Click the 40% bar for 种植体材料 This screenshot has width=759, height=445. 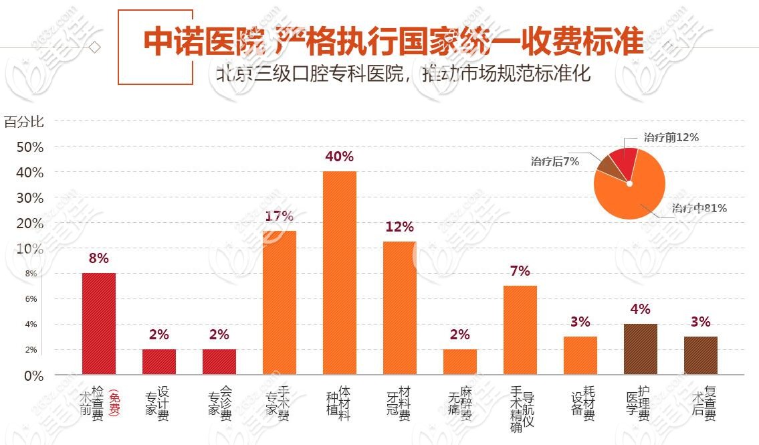pos(340,272)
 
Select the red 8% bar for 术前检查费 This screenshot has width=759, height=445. pos(98,323)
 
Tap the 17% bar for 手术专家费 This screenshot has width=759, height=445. pos(280,302)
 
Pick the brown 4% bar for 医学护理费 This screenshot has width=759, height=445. pos(641,349)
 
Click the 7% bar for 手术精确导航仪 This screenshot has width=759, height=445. pos(520,330)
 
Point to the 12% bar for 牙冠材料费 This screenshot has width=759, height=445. pos(400,308)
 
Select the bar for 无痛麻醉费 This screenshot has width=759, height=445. pos(460,361)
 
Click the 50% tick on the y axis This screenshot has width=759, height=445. pos(30,147)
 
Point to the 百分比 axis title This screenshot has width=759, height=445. pos(24,122)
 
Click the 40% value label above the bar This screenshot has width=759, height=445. pos(339,157)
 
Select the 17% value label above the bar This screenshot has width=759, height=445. pos(279,215)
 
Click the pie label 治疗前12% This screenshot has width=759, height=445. pos(671,137)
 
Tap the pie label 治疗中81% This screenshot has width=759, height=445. pos(699,208)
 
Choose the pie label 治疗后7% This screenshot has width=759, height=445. pos(555,161)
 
